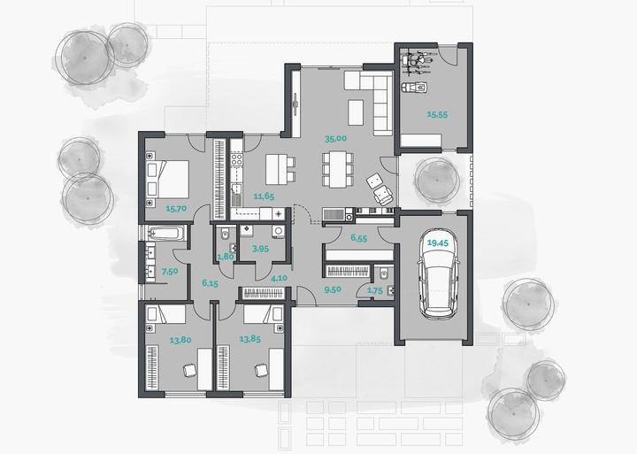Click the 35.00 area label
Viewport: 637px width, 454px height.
click(x=335, y=139)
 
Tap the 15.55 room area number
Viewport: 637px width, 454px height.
click(x=437, y=115)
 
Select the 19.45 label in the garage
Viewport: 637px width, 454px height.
click(x=438, y=243)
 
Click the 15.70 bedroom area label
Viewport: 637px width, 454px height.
click(x=176, y=209)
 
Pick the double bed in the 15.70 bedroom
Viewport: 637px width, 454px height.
click(x=167, y=180)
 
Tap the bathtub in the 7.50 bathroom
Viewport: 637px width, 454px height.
click(x=166, y=234)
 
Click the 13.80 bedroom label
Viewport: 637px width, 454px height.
click(x=180, y=340)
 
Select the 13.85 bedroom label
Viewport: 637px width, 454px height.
click(x=249, y=339)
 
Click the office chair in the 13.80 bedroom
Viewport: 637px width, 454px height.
click(x=189, y=371)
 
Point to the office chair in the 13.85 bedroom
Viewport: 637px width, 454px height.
click(x=261, y=370)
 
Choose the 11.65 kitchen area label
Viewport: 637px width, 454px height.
click(x=264, y=196)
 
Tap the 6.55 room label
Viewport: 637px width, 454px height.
click(x=358, y=238)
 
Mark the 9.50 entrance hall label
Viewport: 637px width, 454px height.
click(x=333, y=289)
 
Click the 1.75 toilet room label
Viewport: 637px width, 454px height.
click(x=374, y=290)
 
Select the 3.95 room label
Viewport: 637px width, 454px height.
click(x=260, y=249)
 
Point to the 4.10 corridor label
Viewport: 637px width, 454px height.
click(x=279, y=279)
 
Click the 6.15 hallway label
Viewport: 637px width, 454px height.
click(x=210, y=283)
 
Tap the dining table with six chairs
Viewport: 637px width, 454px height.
click(x=338, y=169)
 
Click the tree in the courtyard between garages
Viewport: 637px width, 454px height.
click(x=437, y=180)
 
